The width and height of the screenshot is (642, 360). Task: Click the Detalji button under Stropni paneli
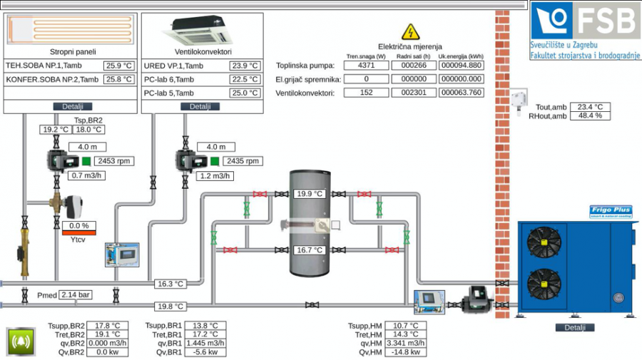click(72, 106)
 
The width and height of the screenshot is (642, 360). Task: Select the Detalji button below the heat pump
click(574, 327)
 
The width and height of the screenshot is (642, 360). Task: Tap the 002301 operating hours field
click(413, 93)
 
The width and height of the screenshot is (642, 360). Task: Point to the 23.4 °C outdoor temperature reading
click(590, 107)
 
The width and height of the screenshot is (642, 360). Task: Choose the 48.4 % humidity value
click(590, 115)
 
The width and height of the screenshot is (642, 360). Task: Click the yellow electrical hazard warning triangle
click(410, 32)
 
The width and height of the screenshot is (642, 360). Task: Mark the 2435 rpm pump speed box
click(243, 161)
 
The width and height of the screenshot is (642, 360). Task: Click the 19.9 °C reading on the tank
click(310, 193)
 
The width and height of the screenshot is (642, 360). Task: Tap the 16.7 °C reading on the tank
click(310, 250)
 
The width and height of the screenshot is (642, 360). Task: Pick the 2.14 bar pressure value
click(75, 294)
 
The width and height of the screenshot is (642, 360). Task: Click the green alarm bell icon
click(21, 341)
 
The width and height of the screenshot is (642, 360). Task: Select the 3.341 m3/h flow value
click(406, 343)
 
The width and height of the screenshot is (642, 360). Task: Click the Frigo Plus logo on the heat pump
click(611, 211)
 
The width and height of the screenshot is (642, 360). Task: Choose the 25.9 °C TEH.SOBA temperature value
click(118, 66)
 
